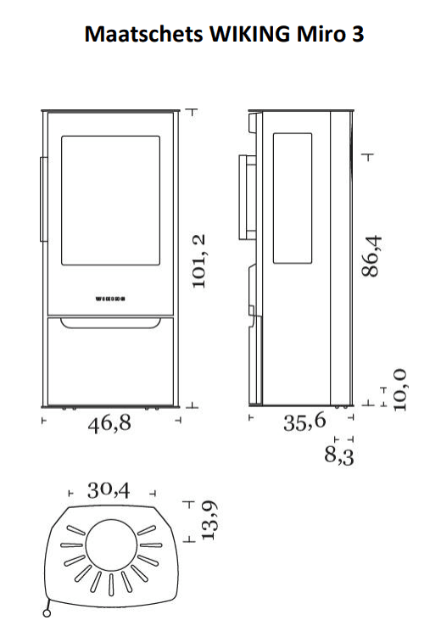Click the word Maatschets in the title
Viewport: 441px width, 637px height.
pyautogui.click(x=143, y=33)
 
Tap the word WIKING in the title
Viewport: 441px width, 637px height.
pyautogui.click(x=250, y=33)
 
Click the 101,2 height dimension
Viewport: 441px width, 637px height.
pyautogui.click(x=199, y=261)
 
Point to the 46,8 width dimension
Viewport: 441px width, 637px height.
pyautogui.click(x=109, y=423)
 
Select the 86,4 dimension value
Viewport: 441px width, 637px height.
pyautogui.click(x=371, y=255)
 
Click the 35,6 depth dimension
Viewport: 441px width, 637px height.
pyautogui.click(x=304, y=422)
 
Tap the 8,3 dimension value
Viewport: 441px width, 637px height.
pyautogui.click(x=339, y=455)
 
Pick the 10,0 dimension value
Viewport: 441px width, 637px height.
pyautogui.click(x=399, y=389)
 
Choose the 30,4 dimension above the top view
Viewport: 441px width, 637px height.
pyautogui.click(x=109, y=490)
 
